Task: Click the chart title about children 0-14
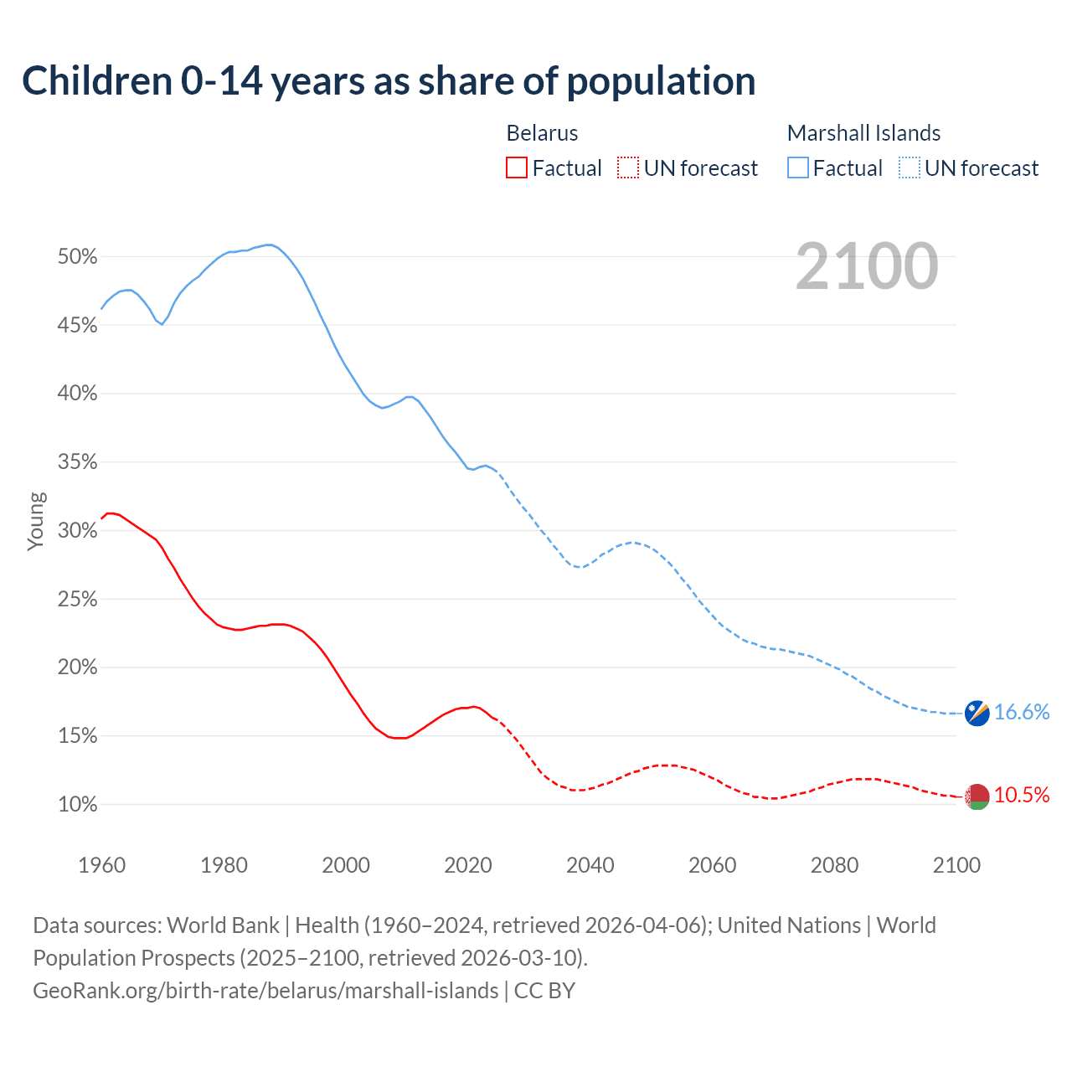(389, 81)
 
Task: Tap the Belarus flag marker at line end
(977, 796)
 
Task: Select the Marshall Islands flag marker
(977, 713)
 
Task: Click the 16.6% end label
(1021, 712)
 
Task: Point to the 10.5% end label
(1021, 795)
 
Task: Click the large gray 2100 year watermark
(866, 266)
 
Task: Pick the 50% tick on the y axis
(77, 257)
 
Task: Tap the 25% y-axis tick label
(77, 600)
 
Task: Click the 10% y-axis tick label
(77, 805)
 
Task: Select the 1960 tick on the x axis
(102, 865)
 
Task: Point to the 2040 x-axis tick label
(590, 865)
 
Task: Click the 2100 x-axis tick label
(956, 865)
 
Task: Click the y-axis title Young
(35, 521)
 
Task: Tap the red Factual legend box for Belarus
(517, 168)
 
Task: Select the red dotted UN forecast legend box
(628, 168)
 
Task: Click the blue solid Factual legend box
(798, 168)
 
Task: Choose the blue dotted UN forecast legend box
(910, 168)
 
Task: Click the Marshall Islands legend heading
(863, 133)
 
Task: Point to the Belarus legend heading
(542, 133)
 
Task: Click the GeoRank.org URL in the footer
(265, 991)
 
